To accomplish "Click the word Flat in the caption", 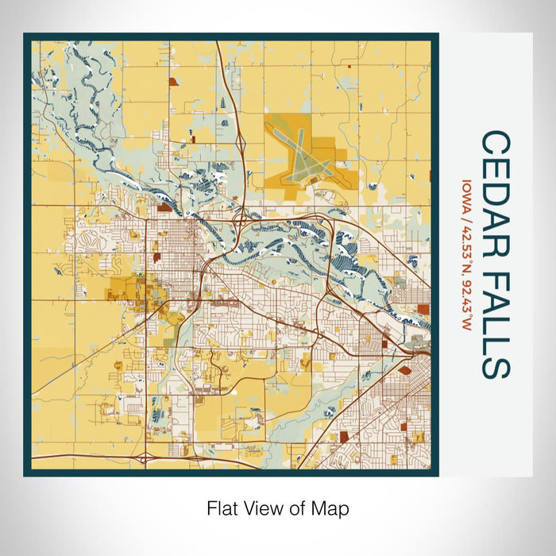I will tap(221, 508).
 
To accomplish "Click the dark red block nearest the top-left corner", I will tap(170, 82).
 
